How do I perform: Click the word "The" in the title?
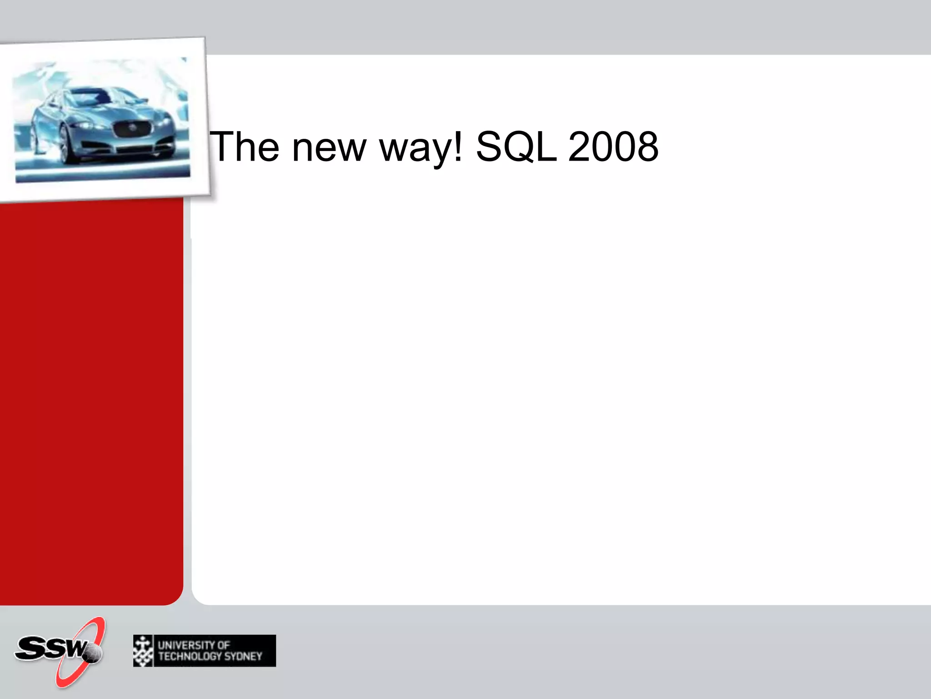(244, 147)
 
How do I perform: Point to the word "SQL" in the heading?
(516, 147)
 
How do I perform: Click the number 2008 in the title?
(613, 147)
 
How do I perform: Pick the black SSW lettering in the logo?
(48, 648)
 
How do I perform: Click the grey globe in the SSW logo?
(93, 653)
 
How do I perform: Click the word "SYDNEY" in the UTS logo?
(243, 656)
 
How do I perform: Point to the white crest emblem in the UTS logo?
(143, 651)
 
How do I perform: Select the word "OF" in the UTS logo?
(223, 645)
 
